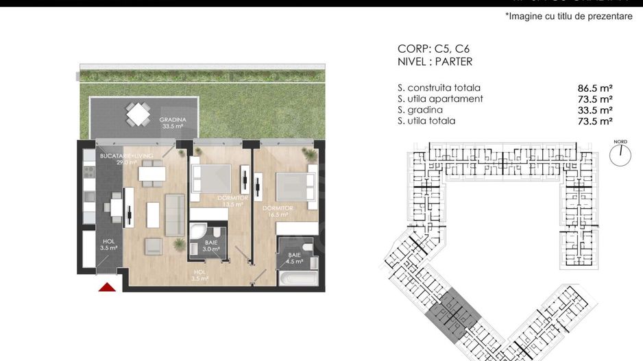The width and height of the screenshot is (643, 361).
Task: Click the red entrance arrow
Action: (107, 287)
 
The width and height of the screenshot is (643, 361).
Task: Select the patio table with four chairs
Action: (138, 114)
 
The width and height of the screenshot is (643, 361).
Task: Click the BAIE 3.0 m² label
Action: (210, 245)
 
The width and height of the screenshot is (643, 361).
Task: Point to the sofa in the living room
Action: (175, 211)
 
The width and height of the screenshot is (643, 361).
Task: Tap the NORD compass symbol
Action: (620, 154)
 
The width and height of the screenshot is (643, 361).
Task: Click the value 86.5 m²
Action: (594, 88)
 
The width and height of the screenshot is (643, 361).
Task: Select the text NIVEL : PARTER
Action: (435, 62)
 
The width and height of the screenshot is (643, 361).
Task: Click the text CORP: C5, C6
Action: (433, 49)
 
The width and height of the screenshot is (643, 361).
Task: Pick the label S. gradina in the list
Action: (420, 110)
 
